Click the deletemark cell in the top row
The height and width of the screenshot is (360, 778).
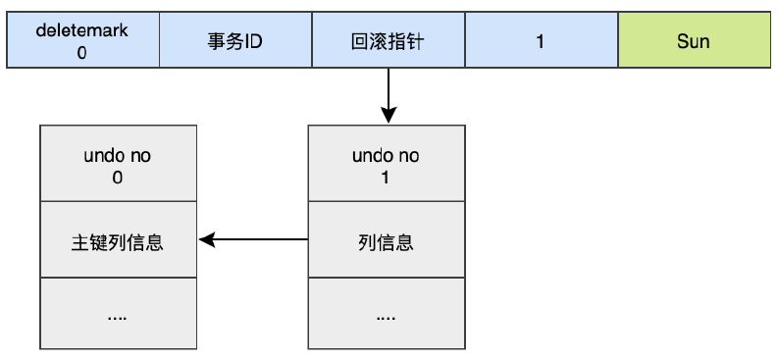pos(82,41)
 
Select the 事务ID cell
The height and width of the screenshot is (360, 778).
pos(235,41)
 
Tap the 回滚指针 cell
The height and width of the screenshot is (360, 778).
pos(388,41)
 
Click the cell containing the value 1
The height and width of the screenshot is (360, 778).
pos(541,41)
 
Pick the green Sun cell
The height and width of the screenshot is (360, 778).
pos(694,41)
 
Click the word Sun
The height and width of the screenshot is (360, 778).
pos(694,42)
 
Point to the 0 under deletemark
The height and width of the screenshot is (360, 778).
pos(82,53)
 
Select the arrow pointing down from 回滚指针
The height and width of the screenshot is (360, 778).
pos(388,93)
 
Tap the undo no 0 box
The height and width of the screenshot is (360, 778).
pos(118,164)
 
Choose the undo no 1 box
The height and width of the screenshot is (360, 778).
pos(387,164)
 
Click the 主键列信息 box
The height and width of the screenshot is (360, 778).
pos(118,240)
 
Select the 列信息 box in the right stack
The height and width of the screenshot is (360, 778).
pos(387,240)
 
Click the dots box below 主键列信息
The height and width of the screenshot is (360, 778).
pos(118,315)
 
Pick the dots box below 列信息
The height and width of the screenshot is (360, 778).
pos(387,315)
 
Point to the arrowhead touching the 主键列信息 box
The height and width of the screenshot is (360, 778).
pos(205,239)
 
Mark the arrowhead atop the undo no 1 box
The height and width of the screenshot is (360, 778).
pos(388,117)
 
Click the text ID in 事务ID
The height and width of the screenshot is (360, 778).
pos(251,42)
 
